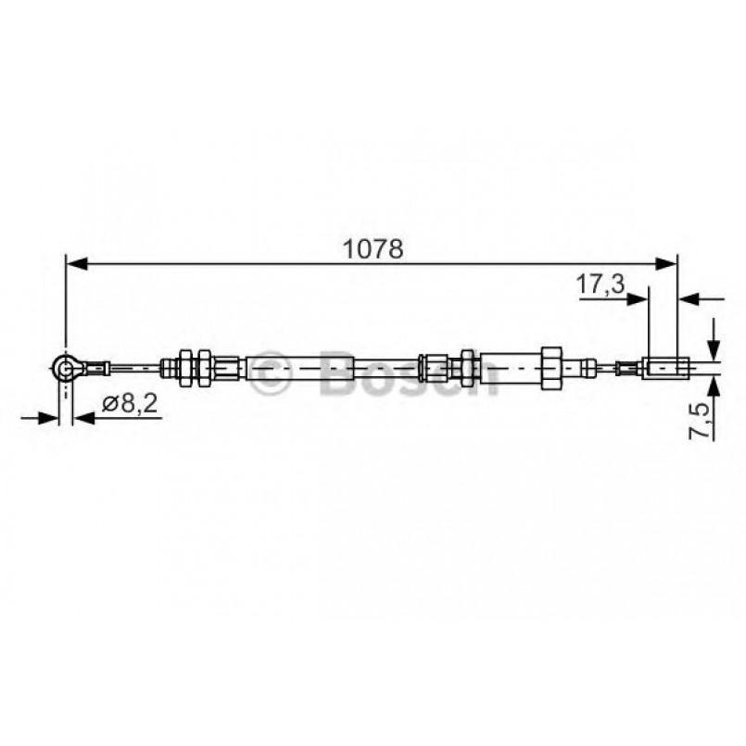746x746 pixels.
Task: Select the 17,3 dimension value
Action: [x=600, y=284]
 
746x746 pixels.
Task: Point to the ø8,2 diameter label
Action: [x=122, y=403]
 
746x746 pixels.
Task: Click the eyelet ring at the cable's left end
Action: [x=65, y=370]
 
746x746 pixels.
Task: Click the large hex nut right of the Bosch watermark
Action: [x=549, y=368]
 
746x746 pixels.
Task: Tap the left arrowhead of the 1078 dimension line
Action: [x=75, y=264]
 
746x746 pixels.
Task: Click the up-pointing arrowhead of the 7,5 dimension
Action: [x=714, y=386]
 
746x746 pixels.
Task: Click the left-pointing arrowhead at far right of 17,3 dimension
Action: [x=688, y=298]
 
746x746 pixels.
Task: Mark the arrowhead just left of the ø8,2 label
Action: [x=82, y=419]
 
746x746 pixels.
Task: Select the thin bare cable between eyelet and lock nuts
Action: [x=134, y=369]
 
